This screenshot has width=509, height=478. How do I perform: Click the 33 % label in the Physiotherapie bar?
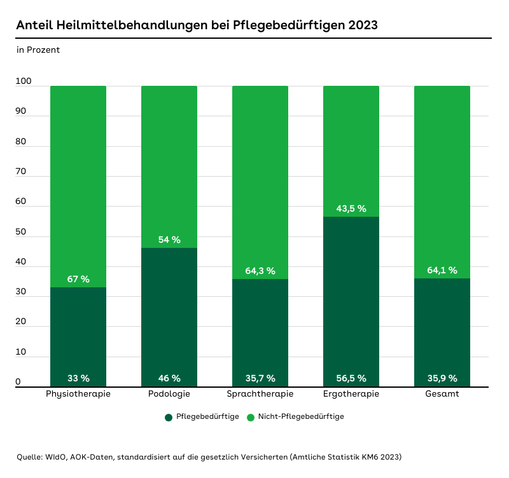(78, 378)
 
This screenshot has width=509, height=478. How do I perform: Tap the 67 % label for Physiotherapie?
(78, 279)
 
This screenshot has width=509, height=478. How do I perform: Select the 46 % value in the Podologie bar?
(169, 378)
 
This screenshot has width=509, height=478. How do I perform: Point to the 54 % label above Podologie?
(169, 240)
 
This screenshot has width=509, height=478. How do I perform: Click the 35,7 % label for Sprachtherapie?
(260, 378)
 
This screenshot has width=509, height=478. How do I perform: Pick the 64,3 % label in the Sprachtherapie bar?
(260, 271)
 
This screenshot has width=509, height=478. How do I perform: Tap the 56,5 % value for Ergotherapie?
(351, 378)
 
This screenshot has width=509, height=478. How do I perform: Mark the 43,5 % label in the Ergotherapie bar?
(351, 208)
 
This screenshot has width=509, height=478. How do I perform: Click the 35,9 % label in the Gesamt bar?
(442, 378)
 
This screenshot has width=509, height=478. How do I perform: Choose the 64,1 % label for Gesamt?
(442, 270)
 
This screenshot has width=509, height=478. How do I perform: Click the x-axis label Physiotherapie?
(78, 394)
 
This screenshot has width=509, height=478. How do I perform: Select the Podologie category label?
(169, 394)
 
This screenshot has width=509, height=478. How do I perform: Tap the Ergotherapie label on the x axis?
(351, 394)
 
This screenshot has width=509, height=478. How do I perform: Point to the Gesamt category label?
(442, 394)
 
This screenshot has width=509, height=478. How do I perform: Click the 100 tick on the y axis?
(24, 81)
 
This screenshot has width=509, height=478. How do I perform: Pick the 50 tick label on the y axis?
(21, 232)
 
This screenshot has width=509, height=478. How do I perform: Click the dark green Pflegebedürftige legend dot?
(169, 417)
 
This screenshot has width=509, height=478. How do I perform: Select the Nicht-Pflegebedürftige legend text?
(301, 417)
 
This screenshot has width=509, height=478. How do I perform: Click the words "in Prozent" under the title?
(38, 50)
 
